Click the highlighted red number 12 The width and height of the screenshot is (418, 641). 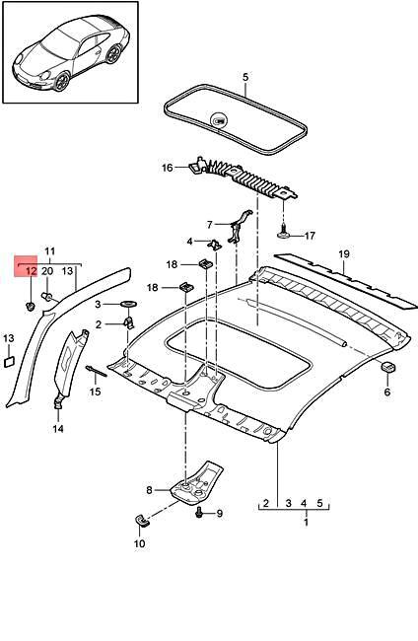click(30, 270)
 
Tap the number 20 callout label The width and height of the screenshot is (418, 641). click(46, 270)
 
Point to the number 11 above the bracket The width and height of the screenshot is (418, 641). click(50, 252)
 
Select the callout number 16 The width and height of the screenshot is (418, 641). click(168, 168)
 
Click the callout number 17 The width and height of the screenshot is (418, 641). click(309, 236)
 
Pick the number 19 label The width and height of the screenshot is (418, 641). click(344, 254)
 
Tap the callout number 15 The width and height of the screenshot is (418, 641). click(96, 392)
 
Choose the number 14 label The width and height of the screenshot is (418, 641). click(58, 429)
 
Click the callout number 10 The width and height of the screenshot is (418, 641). click(139, 543)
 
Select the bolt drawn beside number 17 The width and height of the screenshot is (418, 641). click(284, 234)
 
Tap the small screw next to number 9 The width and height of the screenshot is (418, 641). click(201, 514)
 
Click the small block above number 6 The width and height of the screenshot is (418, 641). click(387, 368)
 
